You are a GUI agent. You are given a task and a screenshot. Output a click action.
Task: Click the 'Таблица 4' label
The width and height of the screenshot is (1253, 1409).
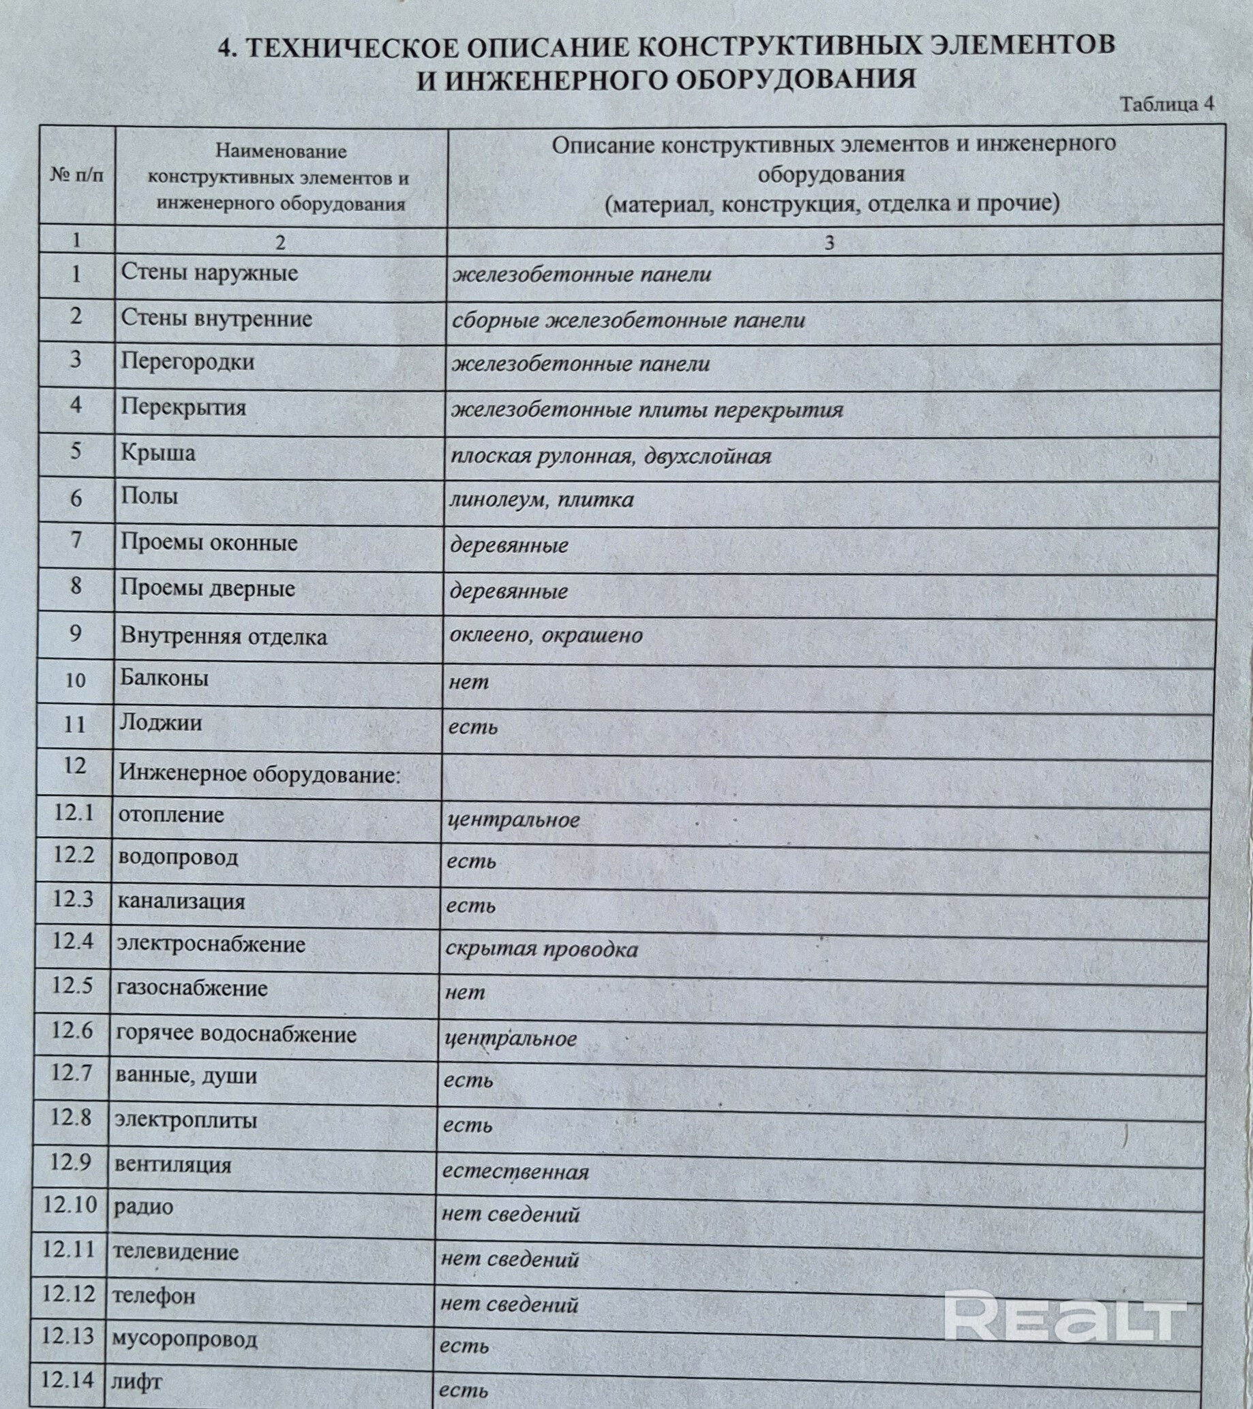pos(1166,104)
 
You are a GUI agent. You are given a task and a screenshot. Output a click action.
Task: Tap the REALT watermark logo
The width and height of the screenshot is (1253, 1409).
pos(1065,1317)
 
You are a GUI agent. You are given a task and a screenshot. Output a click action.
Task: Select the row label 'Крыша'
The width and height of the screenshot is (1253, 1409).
pos(158,453)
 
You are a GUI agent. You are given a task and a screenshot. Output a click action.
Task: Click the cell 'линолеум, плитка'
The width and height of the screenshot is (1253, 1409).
pos(541,500)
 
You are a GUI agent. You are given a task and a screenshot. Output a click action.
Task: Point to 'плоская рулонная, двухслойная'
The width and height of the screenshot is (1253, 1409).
pos(610,456)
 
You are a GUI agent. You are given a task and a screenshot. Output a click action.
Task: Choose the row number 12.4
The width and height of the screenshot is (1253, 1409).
pos(72,941)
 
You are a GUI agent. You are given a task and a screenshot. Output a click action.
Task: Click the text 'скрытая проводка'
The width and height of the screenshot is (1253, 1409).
pos(541,950)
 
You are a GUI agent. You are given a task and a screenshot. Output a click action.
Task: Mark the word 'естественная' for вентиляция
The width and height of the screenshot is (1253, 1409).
pos(515,1172)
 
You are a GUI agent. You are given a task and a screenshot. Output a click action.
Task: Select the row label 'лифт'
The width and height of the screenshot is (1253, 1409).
pos(136,1382)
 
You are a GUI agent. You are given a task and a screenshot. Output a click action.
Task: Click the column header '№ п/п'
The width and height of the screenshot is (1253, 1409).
pos(76,175)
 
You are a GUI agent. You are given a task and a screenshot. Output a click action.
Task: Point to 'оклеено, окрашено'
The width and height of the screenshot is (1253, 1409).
pos(545,635)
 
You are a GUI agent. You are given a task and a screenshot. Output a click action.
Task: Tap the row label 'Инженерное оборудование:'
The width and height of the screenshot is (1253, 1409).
pos(259,774)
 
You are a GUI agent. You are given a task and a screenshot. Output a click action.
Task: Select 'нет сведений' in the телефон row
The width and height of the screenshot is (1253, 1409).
pos(509,1304)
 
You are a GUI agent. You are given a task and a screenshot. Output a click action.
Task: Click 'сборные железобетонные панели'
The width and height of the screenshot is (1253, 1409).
pos(628,320)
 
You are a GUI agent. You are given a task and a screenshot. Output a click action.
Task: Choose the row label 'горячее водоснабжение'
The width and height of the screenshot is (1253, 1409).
pos(236,1034)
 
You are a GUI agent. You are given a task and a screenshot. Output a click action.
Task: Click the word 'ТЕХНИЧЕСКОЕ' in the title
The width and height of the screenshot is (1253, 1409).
pos(352,48)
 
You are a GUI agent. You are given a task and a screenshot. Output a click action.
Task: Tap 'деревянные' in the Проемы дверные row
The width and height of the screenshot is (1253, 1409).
pos(509,591)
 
